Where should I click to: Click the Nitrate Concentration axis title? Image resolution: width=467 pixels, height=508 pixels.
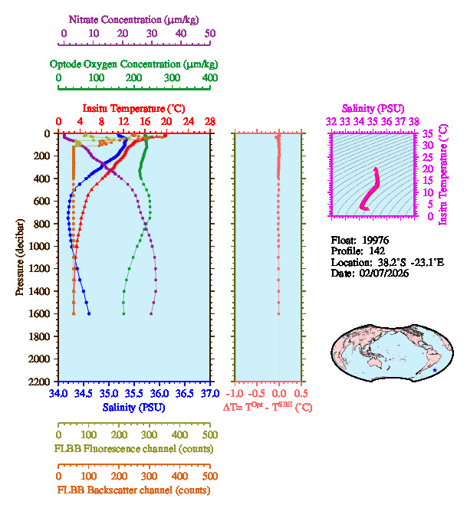pos(135,19)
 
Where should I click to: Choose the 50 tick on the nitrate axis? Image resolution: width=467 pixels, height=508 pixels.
pos(210,34)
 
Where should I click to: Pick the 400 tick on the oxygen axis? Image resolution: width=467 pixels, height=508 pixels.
pos(209,78)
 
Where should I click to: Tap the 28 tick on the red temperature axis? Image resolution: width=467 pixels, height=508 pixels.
pos(209,122)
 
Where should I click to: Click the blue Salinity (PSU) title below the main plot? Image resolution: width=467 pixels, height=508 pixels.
pos(134,407)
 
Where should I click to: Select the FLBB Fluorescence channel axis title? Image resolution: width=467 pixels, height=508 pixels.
pos(134,448)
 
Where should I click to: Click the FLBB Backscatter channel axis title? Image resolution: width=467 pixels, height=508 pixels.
pos(134,490)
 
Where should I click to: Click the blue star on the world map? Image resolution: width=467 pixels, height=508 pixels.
pos(435,370)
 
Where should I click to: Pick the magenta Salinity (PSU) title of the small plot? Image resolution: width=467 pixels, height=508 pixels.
pos(373,109)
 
